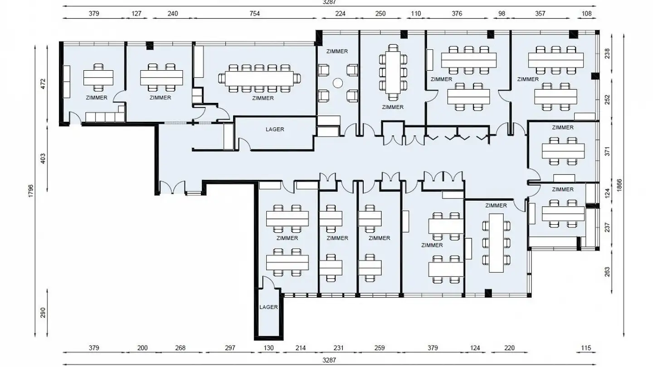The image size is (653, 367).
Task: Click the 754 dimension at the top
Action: tap(254, 14)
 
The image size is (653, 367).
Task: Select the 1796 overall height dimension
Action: tap(31, 191)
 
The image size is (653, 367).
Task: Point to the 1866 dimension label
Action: tap(619, 185)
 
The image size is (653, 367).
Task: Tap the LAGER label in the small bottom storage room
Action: tap(268, 307)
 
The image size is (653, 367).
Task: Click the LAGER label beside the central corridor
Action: tap(275, 129)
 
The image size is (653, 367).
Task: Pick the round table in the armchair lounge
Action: tap(337, 83)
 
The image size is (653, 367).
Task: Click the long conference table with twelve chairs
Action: tap(259, 79)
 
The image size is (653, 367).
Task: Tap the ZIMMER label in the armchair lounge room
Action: tap(337, 51)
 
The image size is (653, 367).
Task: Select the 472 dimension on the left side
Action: tap(43, 84)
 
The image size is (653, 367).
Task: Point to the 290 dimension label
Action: tap(43, 313)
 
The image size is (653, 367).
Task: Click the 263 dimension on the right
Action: tap(607, 272)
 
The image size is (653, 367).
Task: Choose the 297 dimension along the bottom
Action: tap(230, 348)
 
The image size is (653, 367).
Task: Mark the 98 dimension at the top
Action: tap(502, 14)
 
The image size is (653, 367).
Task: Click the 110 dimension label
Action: tap(416, 14)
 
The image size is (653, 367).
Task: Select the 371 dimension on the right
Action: tap(607, 151)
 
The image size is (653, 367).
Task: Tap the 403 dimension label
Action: tap(43, 159)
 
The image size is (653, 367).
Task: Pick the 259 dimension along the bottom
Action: tap(380, 348)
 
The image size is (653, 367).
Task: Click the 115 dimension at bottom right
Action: tap(586, 348)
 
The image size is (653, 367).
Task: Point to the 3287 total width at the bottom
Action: tap(329, 360)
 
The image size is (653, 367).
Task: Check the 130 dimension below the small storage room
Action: tap(268, 348)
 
